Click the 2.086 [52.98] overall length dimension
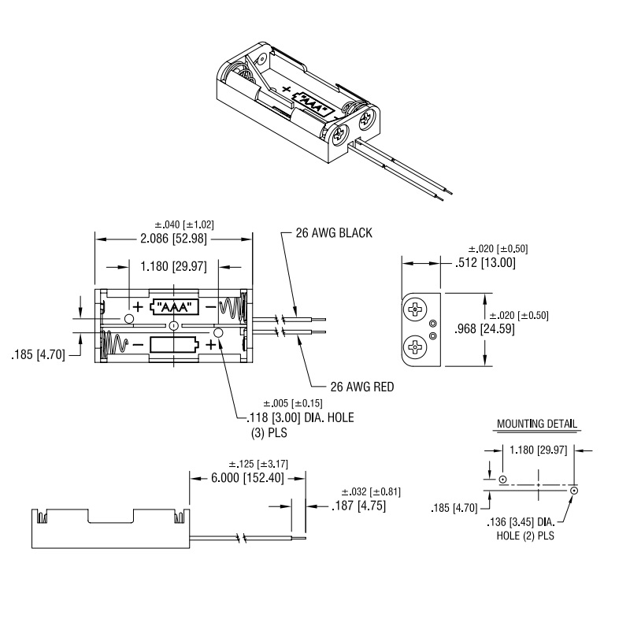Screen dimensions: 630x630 pos(173,239)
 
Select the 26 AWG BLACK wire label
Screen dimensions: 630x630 pos(334,233)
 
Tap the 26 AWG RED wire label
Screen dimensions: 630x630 pos(362,387)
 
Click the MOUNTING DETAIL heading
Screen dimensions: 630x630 pos(537,424)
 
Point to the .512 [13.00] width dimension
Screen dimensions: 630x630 pos(485,263)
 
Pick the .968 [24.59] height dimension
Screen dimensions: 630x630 pos(484,328)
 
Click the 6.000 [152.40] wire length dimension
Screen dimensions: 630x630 pos(247,478)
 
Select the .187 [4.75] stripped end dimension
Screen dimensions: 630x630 pos(359,506)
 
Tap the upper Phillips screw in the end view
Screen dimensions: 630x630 pos(414,309)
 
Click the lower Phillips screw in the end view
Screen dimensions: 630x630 pos(414,346)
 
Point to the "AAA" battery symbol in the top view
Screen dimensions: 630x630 pos(174,307)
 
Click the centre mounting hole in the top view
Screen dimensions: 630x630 pos(173,326)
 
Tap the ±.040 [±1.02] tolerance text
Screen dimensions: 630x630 pos(184,224)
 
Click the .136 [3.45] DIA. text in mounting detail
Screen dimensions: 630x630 pos(521,522)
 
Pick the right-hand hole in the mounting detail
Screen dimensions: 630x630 pos(574,491)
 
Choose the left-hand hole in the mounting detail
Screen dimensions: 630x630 pos(502,480)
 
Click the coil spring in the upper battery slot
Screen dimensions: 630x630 pos(232,308)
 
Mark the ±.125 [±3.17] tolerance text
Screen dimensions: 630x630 pos(258,464)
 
